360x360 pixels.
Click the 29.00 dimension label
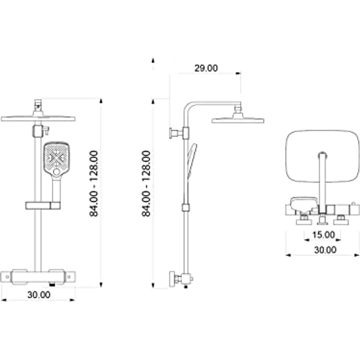tap(206, 68)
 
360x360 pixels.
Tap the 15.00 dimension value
tap(323, 235)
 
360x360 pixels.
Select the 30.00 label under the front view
tap(39, 294)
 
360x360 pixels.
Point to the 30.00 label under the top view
tap(325, 250)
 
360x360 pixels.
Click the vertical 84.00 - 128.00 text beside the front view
tap(94, 183)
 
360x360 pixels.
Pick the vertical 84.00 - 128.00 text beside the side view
tap(146, 183)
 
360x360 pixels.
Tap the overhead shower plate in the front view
tap(38, 118)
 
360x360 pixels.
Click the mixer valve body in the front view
tap(38, 276)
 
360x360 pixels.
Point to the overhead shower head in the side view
tap(238, 119)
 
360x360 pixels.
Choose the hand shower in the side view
tap(191, 157)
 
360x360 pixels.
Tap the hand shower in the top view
tap(303, 204)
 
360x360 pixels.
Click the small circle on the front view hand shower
tap(57, 172)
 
